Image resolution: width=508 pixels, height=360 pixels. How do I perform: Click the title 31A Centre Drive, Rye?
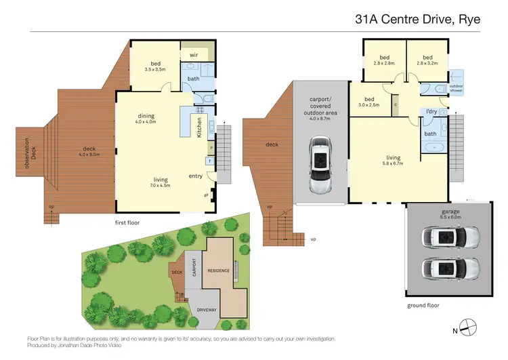point(418,19)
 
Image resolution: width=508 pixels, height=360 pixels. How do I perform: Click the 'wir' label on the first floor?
point(194,54)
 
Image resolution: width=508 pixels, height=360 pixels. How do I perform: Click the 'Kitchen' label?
point(199,126)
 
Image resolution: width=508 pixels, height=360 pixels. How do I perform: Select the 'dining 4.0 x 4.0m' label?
point(146,119)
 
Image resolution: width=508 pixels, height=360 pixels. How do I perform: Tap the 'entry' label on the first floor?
point(196,176)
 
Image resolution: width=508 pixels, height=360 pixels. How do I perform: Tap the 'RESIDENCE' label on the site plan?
point(218,271)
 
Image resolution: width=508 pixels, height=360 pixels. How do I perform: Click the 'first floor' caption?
point(130,222)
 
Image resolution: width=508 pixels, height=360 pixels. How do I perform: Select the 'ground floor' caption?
point(423,306)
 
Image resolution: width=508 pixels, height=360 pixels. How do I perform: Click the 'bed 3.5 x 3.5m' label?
point(155,66)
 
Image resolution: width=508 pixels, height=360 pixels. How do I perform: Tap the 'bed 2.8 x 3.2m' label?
point(427,60)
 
